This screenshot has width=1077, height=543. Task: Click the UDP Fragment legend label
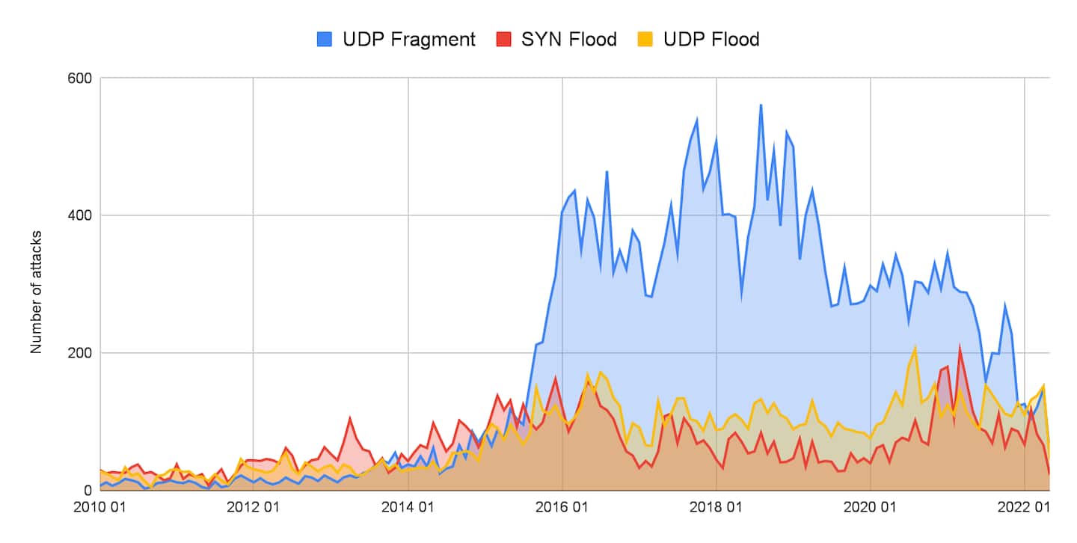point(409,39)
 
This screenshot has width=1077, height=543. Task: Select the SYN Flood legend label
point(569,39)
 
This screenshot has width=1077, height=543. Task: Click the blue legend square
point(325,39)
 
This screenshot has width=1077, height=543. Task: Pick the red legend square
point(504,39)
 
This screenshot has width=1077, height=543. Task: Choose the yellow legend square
point(650,39)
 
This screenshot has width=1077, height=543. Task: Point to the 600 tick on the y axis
point(79,78)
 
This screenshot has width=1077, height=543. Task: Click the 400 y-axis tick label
point(79,215)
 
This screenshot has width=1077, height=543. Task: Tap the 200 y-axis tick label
point(79,352)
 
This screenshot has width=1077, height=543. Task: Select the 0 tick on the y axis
point(87,491)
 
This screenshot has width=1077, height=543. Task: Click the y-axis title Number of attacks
point(36,292)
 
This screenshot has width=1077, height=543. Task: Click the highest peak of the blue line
point(761,105)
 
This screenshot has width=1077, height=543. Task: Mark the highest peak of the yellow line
point(915,347)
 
